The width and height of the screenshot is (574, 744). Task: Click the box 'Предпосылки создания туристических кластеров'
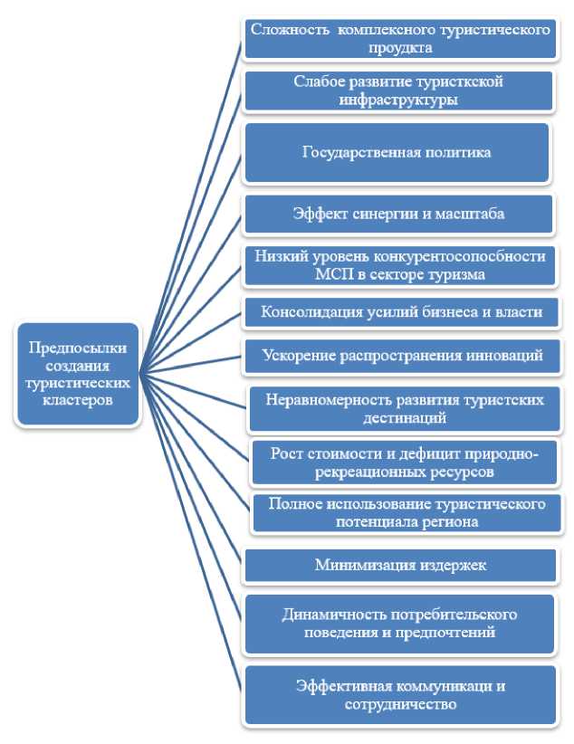point(78,374)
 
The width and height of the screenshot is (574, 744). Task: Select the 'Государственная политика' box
point(397,152)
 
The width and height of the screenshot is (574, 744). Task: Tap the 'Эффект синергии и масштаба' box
point(397,215)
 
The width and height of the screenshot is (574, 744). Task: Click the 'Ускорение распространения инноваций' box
point(402,356)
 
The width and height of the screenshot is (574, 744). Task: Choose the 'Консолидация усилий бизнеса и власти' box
point(402,313)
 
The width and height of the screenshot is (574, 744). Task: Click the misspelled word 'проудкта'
point(399,47)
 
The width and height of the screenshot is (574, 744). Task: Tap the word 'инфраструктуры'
point(398,100)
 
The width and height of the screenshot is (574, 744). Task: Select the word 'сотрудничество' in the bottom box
point(400,703)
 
